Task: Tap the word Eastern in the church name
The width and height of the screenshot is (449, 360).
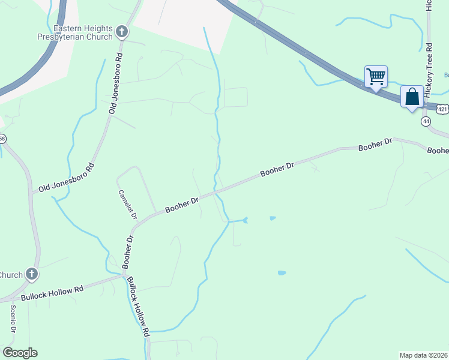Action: coord(67,29)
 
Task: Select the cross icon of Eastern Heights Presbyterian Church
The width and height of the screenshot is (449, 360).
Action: coord(122,31)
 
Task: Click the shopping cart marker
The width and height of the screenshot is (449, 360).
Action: coord(376,77)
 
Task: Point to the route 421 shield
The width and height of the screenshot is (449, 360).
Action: coord(442,109)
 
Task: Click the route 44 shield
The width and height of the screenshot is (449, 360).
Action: coord(426,121)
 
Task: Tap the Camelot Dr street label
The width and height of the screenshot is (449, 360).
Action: coord(128,204)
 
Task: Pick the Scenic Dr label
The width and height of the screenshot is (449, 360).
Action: coord(13,320)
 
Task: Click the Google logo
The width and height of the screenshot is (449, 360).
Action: coord(20,353)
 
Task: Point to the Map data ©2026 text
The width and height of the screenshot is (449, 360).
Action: coord(424,355)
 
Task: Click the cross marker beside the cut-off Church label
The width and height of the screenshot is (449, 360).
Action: coord(32,275)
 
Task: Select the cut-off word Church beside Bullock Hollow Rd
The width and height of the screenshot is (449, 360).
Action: coord(11,275)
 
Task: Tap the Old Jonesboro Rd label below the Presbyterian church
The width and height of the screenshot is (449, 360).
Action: coord(115,84)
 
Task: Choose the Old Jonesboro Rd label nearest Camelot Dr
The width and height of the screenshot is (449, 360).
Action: coord(67,178)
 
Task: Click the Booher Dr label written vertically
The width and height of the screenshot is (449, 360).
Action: coord(127,251)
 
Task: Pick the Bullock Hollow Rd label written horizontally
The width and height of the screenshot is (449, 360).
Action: coord(52,293)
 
